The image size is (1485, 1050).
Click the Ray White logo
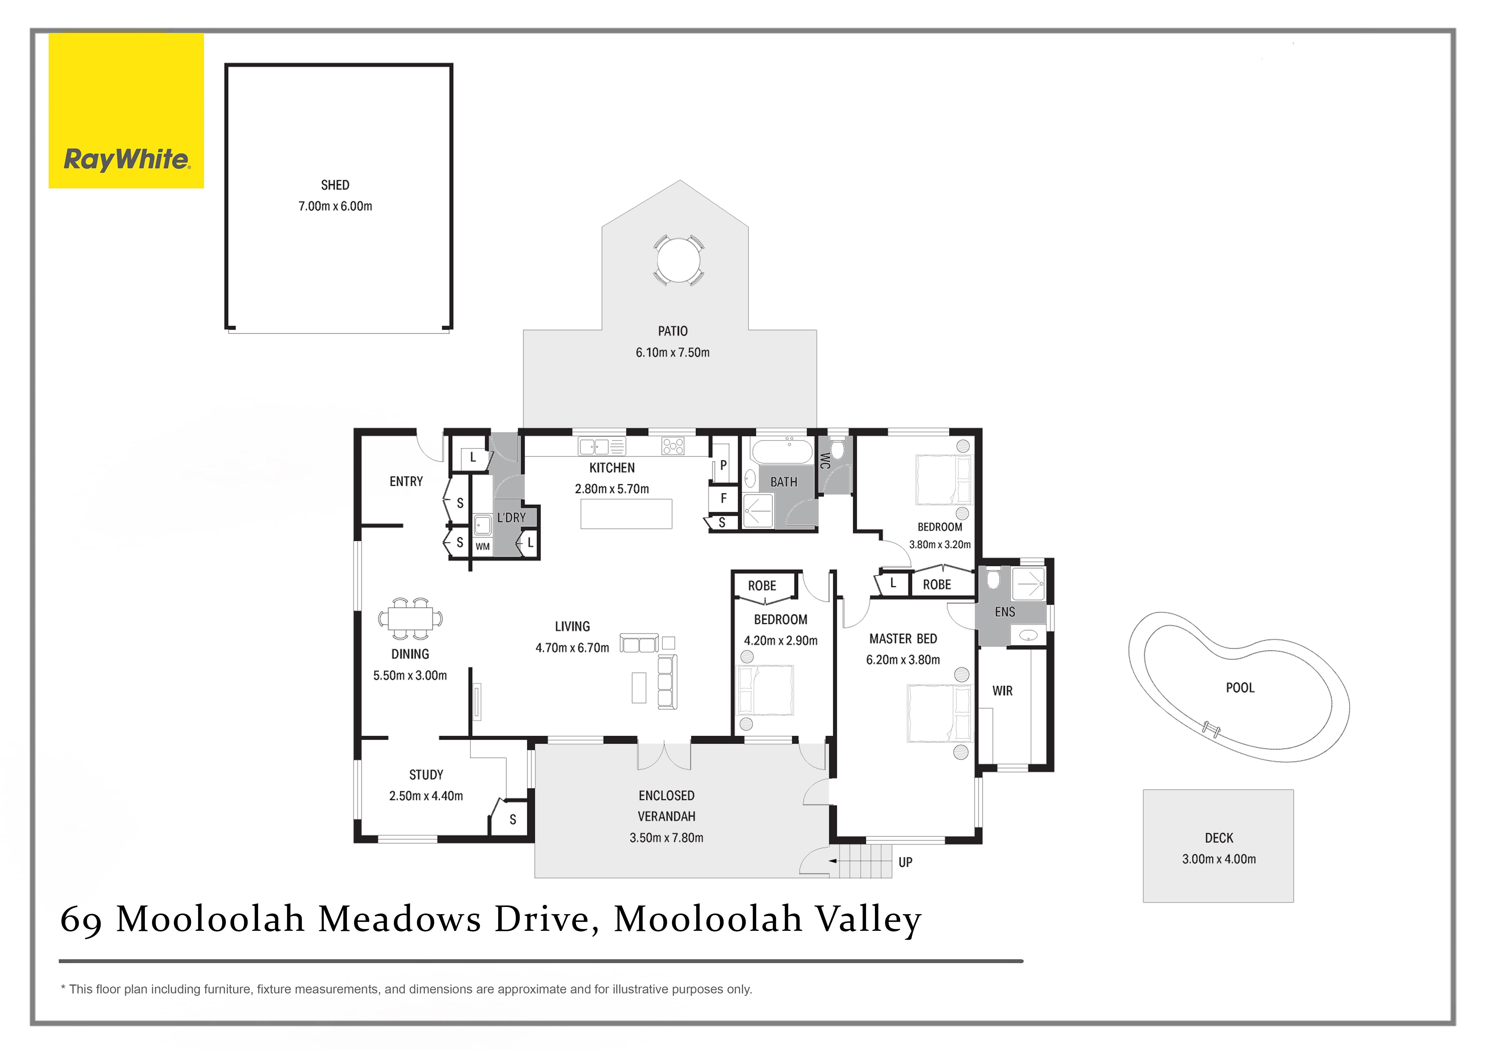[126, 110]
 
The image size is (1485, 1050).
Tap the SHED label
[335, 185]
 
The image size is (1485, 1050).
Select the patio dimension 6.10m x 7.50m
[673, 352]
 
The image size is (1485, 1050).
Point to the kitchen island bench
[626, 514]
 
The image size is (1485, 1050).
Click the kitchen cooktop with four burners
[673, 445]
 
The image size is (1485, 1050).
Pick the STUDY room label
[426, 775]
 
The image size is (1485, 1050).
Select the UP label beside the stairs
[905, 862]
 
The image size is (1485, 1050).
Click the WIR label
[1002, 691]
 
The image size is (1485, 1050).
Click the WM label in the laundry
[483, 546]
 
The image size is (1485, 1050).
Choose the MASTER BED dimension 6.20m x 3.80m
[903, 659]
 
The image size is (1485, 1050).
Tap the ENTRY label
[406, 481]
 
